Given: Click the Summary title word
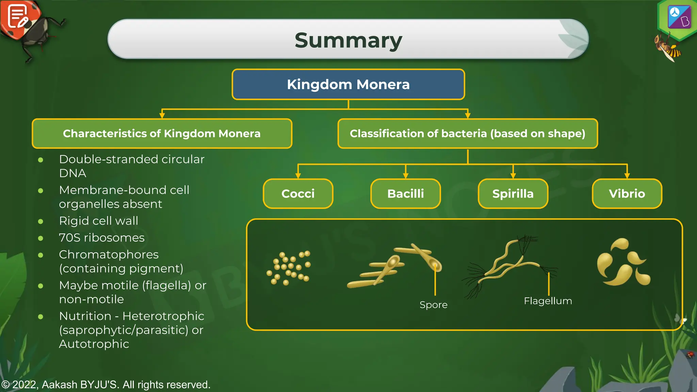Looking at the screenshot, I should point(348,40).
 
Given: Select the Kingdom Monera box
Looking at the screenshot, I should point(348,84).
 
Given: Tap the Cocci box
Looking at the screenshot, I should point(298,194).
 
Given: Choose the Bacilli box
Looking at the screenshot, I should point(405,194).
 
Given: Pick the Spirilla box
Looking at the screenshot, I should point(513,194).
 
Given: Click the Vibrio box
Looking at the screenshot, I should point(627,194).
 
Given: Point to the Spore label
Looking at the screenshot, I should point(433,305).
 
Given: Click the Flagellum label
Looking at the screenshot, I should point(548,301).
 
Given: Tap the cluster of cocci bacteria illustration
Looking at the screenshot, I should point(289,268).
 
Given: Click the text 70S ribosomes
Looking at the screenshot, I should point(102,238).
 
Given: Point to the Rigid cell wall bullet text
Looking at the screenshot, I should point(99,221).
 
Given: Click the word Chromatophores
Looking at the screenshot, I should point(109,255).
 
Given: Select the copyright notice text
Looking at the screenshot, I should point(106,385).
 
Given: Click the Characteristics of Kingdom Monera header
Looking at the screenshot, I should point(162,133).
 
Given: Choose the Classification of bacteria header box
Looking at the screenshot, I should point(468,133).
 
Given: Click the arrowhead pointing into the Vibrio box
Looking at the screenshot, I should point(627,176).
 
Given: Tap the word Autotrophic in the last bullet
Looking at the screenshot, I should point(94,344).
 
